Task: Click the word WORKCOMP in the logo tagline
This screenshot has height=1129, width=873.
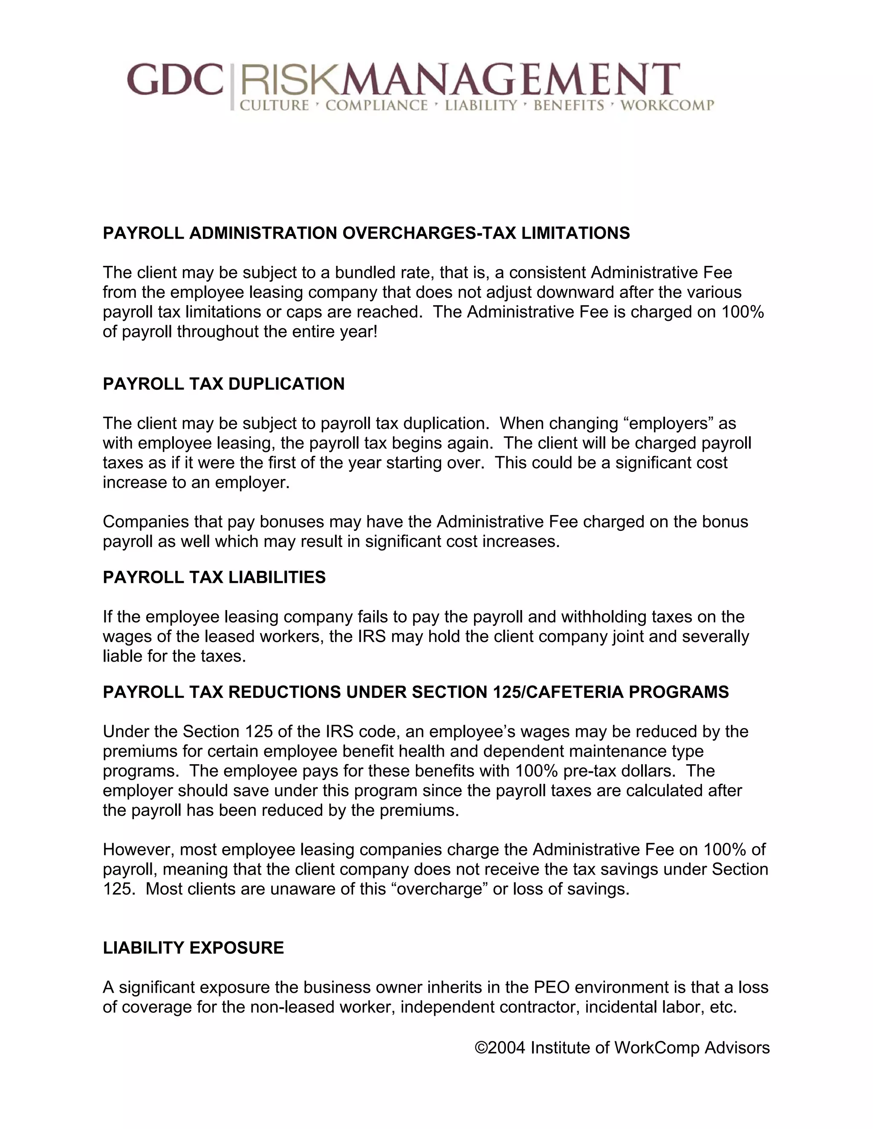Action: [667, 106]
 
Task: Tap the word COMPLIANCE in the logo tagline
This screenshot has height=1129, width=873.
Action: [376, 106]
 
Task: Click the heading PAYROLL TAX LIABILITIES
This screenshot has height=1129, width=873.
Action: [214, 577]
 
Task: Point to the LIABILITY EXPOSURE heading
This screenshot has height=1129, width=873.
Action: [194, 948]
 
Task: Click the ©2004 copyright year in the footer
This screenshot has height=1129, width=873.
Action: [500, 1048]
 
